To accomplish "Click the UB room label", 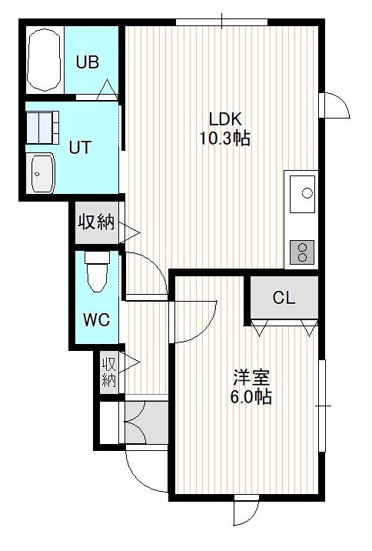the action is point(88,62).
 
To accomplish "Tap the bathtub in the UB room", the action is point(45,60).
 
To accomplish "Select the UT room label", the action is point(81,148).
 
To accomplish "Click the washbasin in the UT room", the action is point(43,173).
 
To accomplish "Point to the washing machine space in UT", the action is point(42,127).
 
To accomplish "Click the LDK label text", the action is point(225,119).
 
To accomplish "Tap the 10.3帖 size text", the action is point(225,138).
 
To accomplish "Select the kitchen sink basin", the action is point(302,194).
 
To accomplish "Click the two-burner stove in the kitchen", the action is point(302,252).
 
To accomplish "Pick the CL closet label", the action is point(284,298).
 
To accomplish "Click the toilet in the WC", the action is point(97,272).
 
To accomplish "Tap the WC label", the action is point(97,319).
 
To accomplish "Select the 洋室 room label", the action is point(251,378).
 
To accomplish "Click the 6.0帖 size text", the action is point(251,397).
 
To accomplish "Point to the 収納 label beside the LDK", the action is point(96,222).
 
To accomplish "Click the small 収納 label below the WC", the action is point(109,372).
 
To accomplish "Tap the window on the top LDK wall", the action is point(222,22).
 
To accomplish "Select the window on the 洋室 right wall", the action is point(322,406).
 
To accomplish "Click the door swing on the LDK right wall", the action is point(336,105).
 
